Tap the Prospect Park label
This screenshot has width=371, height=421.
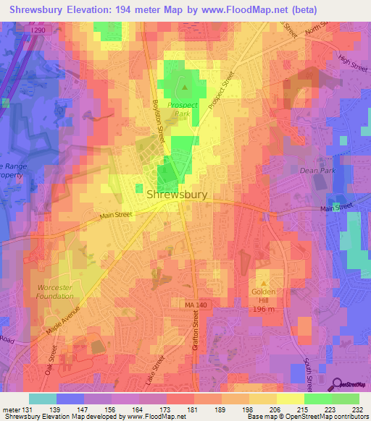pyautogui.click(x=183, y=109)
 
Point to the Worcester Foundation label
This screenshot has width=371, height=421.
pyautogui.click(x=55, y=292)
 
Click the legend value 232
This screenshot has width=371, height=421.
pyautogui.click(x=357, y=409)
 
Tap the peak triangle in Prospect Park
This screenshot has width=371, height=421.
pyautogui.click(x=184, y=89)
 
